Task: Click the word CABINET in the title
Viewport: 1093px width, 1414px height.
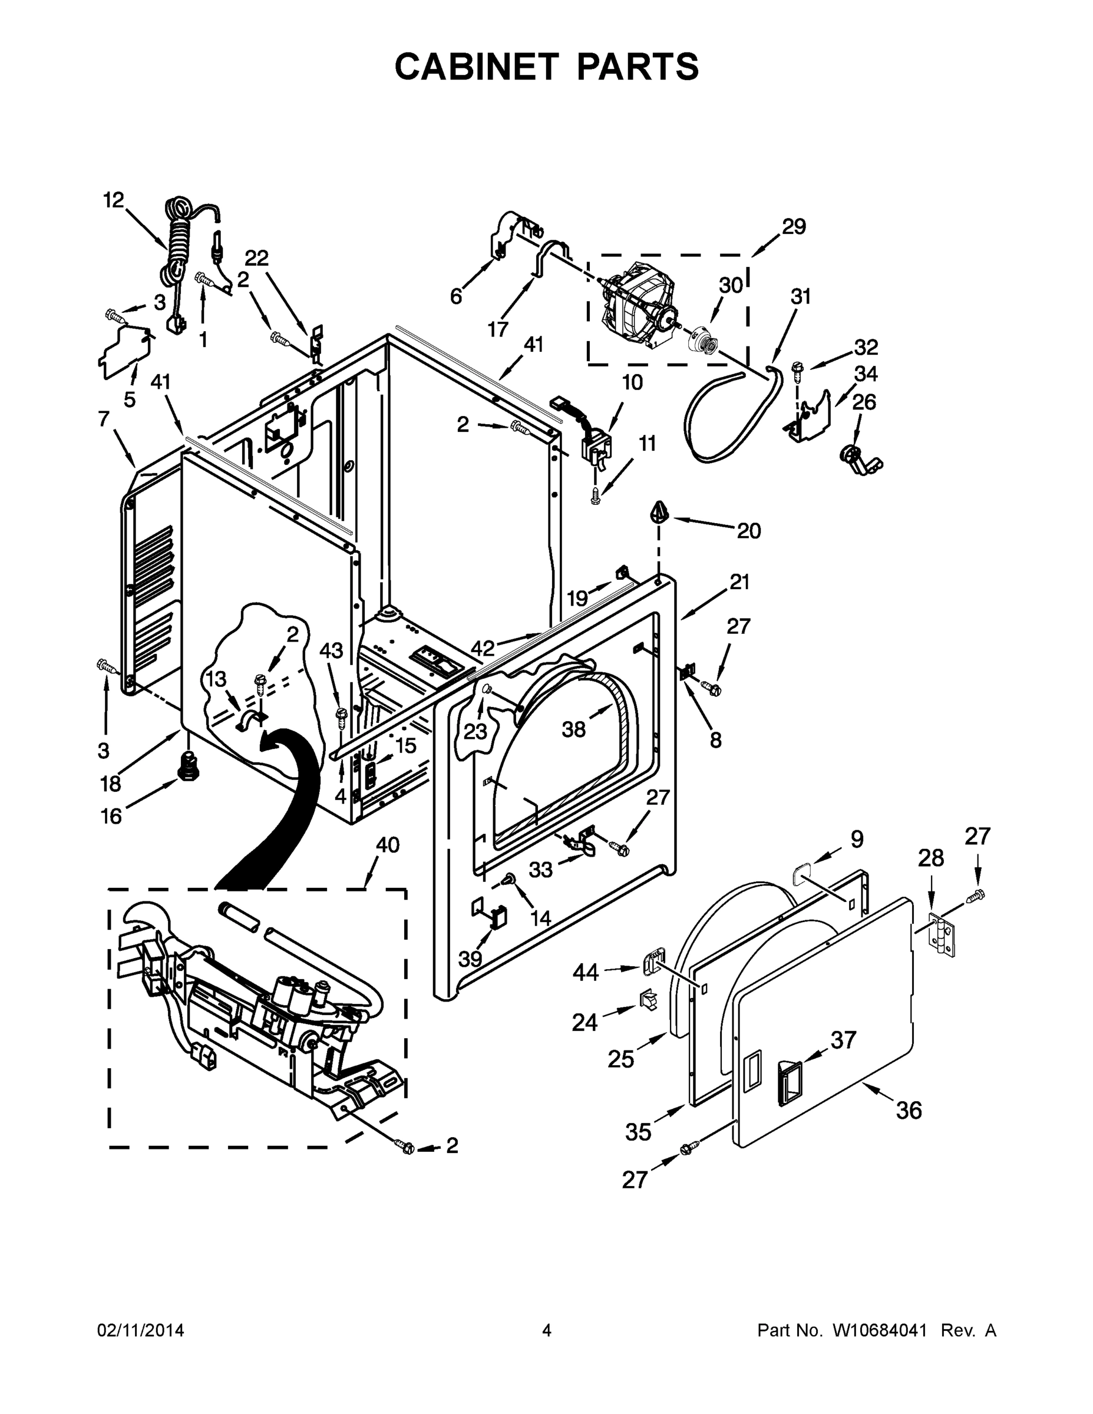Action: tap(476, 66)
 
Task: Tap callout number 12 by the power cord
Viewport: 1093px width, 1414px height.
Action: tap(113, 200)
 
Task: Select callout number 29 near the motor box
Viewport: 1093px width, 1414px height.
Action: tap(793, 227)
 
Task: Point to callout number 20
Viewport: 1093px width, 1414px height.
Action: tap(748, 531)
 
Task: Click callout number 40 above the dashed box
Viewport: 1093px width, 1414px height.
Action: tap(387, 845)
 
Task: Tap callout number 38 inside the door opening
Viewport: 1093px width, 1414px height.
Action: tap(573, 729)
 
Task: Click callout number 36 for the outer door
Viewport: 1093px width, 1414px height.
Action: tap(909, 1111)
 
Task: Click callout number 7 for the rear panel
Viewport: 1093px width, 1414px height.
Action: tap(104, 419)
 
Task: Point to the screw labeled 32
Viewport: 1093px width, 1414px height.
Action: tap(797, 371)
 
